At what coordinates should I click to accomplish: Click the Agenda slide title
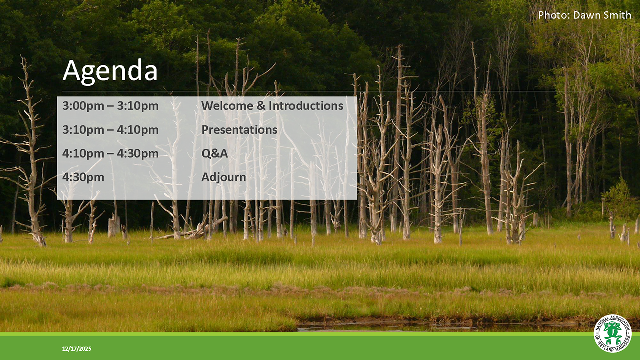click(110, 71)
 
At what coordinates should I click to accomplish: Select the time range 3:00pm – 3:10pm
click(110, 106)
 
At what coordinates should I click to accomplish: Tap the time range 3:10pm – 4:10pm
click(110, 130)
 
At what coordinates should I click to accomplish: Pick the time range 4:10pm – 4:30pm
click(110, 153)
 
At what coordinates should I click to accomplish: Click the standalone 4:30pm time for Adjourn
click(83, 177)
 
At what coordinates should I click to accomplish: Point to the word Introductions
click(306, 106)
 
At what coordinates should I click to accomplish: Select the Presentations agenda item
click(239, 130)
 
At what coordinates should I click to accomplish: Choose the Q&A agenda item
click(214, 153)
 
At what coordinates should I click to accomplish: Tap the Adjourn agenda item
click(223, 177)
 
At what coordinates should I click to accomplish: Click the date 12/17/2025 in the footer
click(77, 348)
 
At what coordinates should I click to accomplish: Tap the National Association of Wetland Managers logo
click(612, 333)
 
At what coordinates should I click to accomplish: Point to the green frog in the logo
click(612, 332)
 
